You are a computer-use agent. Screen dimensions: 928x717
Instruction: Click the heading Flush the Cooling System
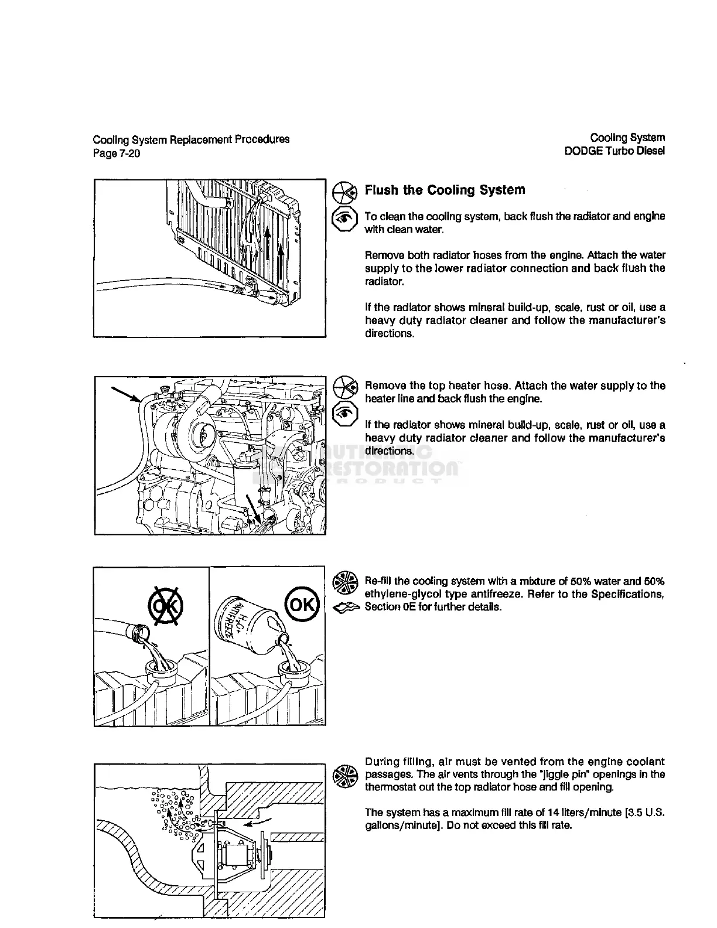tap(445, 190)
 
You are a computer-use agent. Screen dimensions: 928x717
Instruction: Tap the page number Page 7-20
tap(116, 153)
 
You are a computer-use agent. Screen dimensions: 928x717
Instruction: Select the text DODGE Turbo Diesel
tap(614, 151)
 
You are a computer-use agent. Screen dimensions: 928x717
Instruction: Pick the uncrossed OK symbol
tap(301, 603)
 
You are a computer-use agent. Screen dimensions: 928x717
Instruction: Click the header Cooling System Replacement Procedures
tap(191, 139)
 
